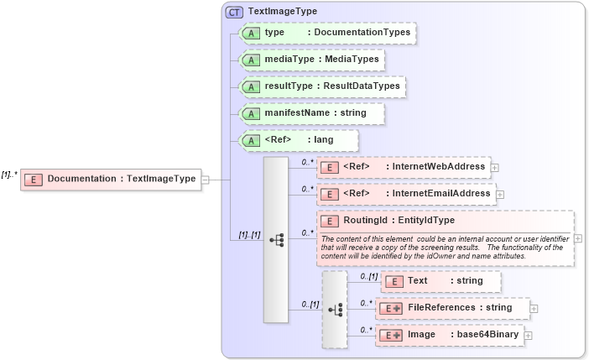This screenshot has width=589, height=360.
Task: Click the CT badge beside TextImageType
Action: coord(234,12)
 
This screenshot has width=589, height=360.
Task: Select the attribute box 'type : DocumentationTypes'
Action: coord(328,33)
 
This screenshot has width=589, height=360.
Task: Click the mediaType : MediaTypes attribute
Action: coord(311,60)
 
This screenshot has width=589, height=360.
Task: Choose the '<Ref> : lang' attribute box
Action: coord(299,140)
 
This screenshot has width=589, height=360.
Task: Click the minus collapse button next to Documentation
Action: coord(206,179)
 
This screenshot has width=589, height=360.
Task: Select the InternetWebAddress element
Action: coord(403,167)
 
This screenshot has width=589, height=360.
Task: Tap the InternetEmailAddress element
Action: coord(406,194)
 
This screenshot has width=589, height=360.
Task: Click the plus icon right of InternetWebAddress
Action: coord(495,168)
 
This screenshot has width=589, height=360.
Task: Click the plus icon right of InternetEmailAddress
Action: coord(501,195)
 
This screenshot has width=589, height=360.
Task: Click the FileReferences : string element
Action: coord(452,308)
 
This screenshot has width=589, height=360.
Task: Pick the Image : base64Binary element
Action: coord(449,335)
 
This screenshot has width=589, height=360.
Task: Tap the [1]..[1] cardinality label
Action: coord(245,236)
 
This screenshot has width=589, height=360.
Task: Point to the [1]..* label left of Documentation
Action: coord(9,175)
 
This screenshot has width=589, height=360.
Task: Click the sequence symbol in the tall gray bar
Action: coord(276,240)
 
